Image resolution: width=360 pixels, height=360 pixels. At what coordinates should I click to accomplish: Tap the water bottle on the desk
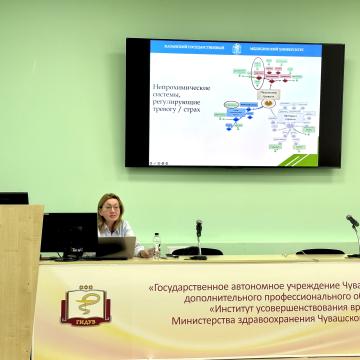click(156, 245)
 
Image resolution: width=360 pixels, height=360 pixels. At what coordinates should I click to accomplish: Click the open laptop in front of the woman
click(115, 247)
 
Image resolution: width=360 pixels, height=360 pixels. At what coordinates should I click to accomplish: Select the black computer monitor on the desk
click(68, 235)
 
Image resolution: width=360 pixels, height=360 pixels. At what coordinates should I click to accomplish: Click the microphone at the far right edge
click(352, 222)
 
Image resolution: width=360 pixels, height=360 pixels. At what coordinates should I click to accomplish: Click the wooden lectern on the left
click(20, 280)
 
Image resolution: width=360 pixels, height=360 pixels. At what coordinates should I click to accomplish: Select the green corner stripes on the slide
click(304, 155)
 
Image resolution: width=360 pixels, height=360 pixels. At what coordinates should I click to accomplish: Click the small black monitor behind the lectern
click(14, 198)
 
